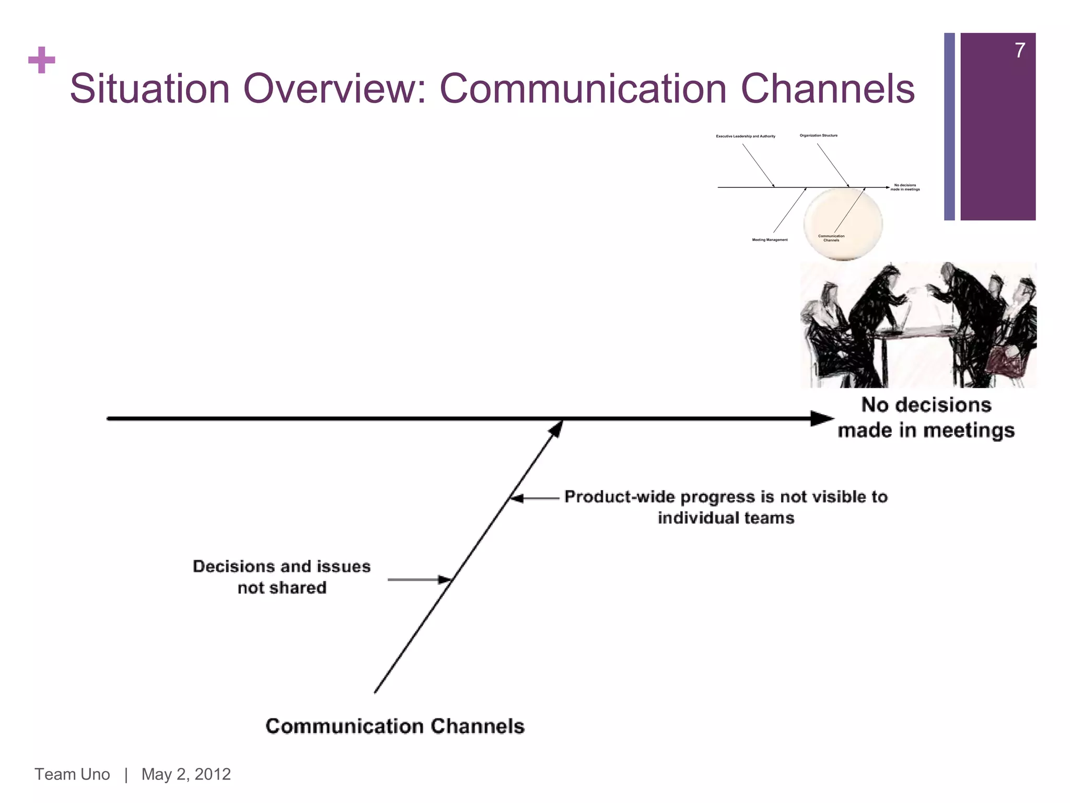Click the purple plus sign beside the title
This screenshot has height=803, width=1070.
click(42, 60)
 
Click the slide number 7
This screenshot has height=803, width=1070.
click(1019, 51)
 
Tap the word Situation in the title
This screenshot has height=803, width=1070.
click(149, 89)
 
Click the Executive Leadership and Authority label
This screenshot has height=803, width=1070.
click(745, 136)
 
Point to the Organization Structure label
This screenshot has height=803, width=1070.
click(818, 135)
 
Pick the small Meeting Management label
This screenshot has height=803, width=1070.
click(770, 240)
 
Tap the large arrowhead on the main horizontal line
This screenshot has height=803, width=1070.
click(821, 418)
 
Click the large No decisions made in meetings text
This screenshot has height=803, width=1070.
click(926, 418)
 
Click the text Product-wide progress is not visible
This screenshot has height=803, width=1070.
click(726, 497)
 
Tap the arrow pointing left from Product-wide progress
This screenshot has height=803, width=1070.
click(533, 499)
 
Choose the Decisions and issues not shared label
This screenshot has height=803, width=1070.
click(282, 577)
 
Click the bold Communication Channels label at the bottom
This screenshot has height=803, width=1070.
click(395, 726)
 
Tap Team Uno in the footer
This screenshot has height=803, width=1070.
click(72, 774)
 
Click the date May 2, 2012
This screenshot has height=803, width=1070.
click(186, 774)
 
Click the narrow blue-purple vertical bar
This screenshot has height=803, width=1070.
click(949, 127)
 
